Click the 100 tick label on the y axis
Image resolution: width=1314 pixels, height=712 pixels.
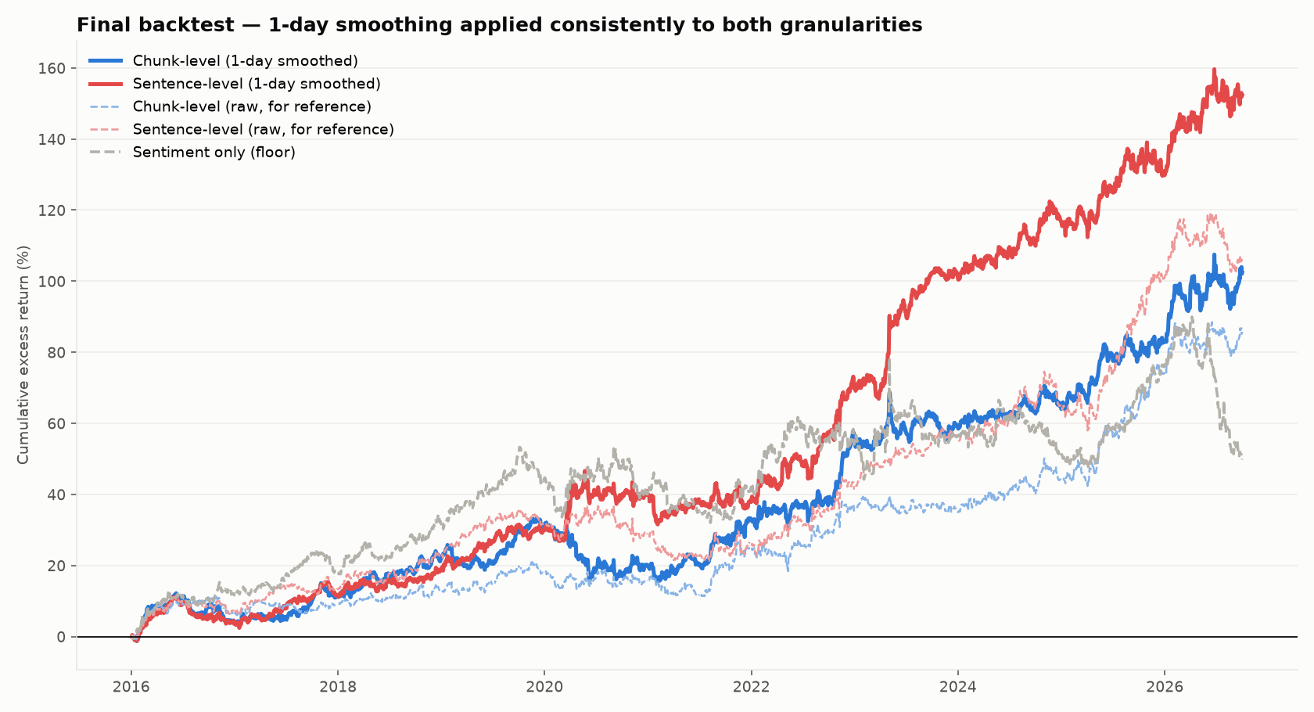point(52,281)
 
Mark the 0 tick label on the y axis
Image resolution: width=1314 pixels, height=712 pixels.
point(61,637)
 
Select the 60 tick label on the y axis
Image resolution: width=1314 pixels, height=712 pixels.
point(56,424)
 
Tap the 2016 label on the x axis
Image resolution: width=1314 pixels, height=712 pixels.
point(131,687)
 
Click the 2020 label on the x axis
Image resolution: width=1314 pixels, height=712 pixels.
point(544,687)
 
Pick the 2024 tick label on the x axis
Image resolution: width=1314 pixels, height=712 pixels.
point(957,687)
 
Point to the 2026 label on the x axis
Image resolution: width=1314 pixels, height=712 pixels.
point(1165,687)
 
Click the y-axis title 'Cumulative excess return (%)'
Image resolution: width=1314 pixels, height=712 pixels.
point(23,355)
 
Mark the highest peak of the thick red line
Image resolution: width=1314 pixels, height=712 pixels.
point(1214,70)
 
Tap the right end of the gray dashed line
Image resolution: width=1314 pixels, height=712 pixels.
point(1242,458)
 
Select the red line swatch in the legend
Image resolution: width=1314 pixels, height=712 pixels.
point(106,85)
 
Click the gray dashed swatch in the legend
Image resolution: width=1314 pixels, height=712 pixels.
point(106,153)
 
